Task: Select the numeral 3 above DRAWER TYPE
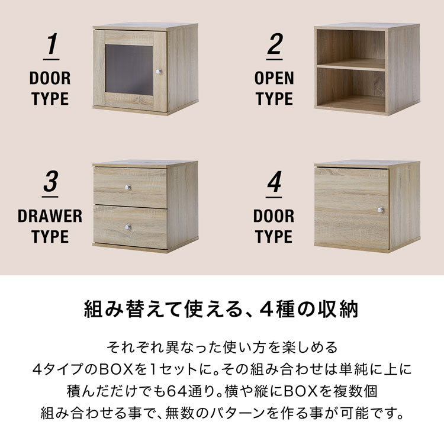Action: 50,182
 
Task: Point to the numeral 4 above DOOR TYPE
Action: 274,182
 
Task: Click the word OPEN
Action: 275,78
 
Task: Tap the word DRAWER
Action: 50,215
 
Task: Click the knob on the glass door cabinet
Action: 158,72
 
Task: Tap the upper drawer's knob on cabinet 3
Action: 127,188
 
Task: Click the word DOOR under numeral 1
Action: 50,78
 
